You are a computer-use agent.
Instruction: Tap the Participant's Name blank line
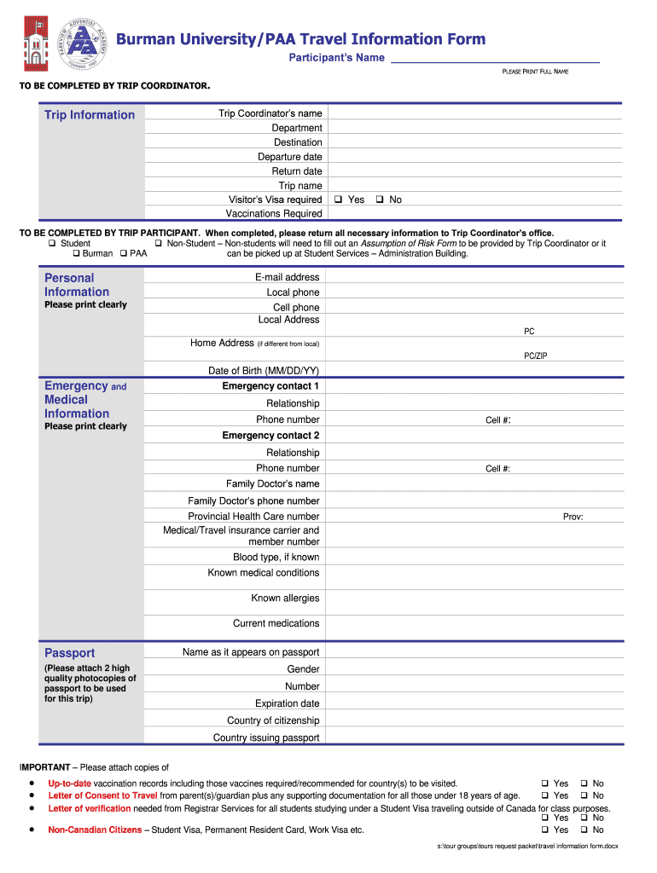[494, 58]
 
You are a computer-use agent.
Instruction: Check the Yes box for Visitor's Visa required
[338, 199]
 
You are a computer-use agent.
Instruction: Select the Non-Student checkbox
[159, 244]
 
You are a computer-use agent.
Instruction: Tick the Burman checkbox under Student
[76, 254]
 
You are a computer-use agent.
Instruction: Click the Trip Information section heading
[90, 115]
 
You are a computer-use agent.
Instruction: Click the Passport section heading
[70, 653]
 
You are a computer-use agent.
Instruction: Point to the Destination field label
[298, 142]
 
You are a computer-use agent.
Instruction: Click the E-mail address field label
[287, 277]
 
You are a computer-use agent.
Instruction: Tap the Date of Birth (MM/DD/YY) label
[264, 371]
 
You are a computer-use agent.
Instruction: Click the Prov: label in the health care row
[573, 517]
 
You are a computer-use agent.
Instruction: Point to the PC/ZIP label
[535, 356]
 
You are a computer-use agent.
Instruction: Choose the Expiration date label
[287, 704]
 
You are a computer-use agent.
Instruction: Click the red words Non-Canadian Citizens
[95, 830]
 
